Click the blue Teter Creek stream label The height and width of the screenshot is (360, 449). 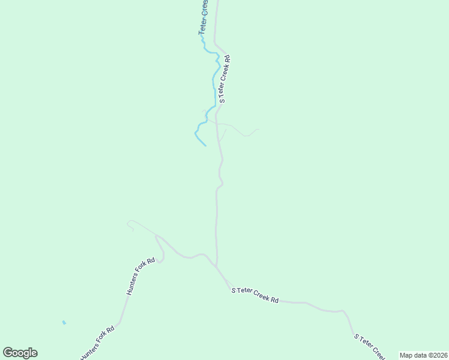click(204, 17)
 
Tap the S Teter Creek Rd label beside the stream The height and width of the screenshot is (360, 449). click(224, 80)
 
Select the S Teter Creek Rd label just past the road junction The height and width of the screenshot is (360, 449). click(255, 295)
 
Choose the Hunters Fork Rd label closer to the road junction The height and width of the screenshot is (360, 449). click(141, 276)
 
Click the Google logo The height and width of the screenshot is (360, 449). click(20, 353)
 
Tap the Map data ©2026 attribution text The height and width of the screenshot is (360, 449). click(423, 355)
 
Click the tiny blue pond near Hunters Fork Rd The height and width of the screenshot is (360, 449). click(64, 323)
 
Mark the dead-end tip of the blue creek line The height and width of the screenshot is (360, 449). click(206, 145)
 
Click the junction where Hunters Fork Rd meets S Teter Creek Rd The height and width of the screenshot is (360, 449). click(216, 266)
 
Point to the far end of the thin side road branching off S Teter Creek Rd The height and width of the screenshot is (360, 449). click(259, 129)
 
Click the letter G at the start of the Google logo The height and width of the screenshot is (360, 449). click(8, 353)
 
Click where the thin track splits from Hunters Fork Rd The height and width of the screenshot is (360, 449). click(157, 235)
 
